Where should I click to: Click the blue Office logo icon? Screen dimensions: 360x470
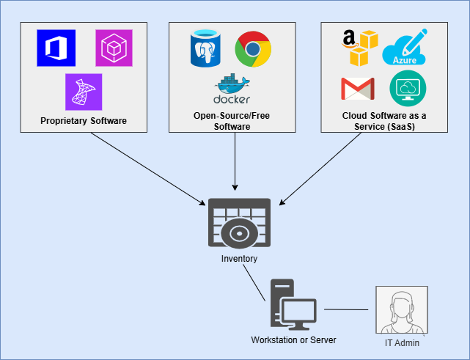click(x=56, y=48)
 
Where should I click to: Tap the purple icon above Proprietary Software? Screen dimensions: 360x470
click(x=84, y=92)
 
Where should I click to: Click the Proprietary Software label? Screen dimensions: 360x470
click(x=84, y=120)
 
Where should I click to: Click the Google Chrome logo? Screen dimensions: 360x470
click(x=253, y=50)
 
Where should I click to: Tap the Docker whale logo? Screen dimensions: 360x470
click(x=232, y=89)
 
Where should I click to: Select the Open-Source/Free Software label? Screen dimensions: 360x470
click(x=232, y=121)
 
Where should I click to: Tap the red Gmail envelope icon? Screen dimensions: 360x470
click(x=358, y=89)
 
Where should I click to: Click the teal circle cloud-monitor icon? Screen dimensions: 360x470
click(x=408, y=89)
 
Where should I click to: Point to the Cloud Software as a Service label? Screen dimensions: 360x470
click(x=384, y=121)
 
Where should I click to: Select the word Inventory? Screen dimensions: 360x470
click(x=239, y=259)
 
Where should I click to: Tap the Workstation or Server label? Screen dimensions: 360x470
click(x=293, y=340)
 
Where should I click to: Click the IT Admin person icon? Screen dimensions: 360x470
click(x=401, y=310)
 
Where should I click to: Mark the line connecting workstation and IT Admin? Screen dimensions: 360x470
click(x=346, y=310)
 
